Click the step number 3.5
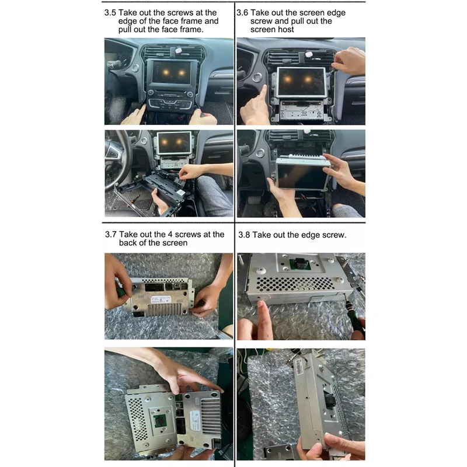tap(110, 13)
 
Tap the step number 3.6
tap(242, 13)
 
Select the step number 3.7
tap(110, 235)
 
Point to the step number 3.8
tap(243, 235)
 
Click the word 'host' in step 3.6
tap(286, 30)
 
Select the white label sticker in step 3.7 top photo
tap(161, 299)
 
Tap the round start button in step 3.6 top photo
tap(257, 77)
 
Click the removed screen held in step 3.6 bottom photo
tap(302, 174)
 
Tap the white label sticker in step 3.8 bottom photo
tap(299, 367)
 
